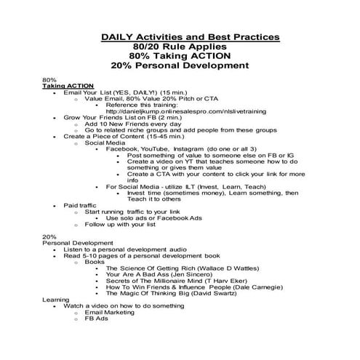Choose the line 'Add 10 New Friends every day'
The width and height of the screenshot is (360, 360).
130,127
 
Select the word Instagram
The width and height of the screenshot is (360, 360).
199,148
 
